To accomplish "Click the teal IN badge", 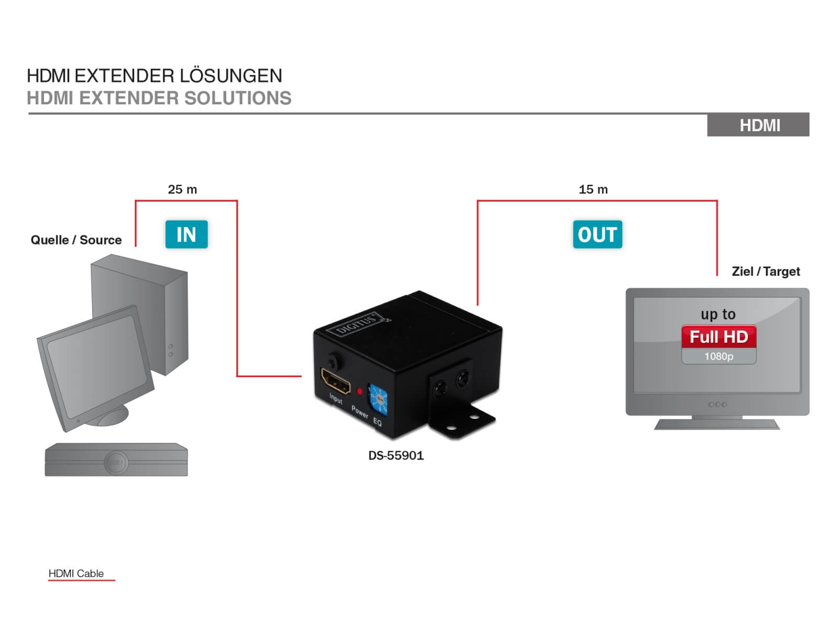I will pyautogui.click(x=186, y=234).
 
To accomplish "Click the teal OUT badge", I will pyautogui.click(x=597, y=234).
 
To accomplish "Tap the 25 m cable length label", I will pyautogui.click(x=182, y=189).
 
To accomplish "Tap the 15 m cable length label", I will pyautogui.click(x=593, y=189).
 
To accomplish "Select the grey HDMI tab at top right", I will pyautogui.click(x=758, y=125).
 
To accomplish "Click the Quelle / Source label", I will pyautogui.click(x=76, y=240).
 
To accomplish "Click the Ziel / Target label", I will pyautogui.click(x=766, y=271).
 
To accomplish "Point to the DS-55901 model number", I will pyautogui.click(x=396, y=455).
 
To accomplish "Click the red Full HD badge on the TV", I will pyautogui.click(x=719, y=336).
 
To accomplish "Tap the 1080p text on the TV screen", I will pyautogui.click(x=719, y=356).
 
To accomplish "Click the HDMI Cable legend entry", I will pyautogui.click(x=76, y=573).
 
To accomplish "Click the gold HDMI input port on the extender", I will pyautogui.click(x=335, y=381).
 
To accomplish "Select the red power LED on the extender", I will pyautogui.click(x=359, y=391).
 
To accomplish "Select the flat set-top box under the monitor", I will pyautogui.click(x=116, y=461).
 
